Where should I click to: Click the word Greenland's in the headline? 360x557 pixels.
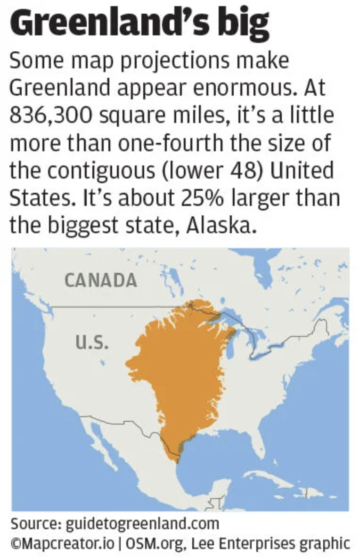[111, 22]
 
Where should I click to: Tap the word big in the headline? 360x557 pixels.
[245, 22]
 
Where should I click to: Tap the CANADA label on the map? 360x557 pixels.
[100, 280]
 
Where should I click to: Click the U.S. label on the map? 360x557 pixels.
[92, 341]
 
